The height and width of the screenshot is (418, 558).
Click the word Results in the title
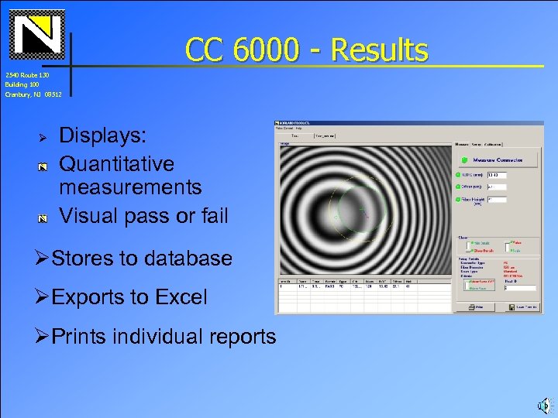[x=379, y=50]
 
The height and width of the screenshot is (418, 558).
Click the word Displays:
[x=102, y=136]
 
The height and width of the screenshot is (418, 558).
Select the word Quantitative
[x=117, y=164]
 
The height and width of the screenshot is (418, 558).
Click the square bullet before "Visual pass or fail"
[x=44, y=218]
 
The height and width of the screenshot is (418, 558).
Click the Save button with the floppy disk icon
[x=520, y=307]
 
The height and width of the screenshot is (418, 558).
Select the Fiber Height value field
[x=496, y=200]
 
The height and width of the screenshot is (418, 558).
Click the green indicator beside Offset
[x=458, y=187]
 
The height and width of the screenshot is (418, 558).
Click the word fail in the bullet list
[x=213, y=216]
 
